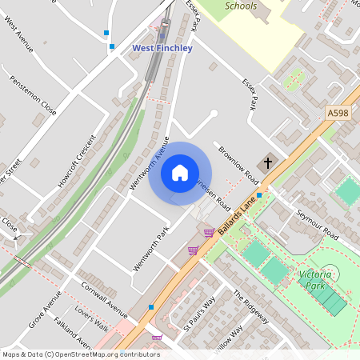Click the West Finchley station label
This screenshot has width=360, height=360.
click(x=162, y=48)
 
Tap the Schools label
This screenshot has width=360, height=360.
click(x=241, y=6)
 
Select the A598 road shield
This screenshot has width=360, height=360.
click(x=338, y=114)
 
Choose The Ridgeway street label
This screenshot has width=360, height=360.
click(x=250, y=306)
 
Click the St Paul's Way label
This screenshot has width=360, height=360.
click(x=200, y=313)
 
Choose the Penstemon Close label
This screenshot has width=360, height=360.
click(x=33, y=94)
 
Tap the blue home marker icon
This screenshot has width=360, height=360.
click(x=180, y=173)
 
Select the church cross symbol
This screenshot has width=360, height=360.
click(x=267, y=162)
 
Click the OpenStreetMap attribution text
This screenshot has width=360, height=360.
click(x=80, y=354)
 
